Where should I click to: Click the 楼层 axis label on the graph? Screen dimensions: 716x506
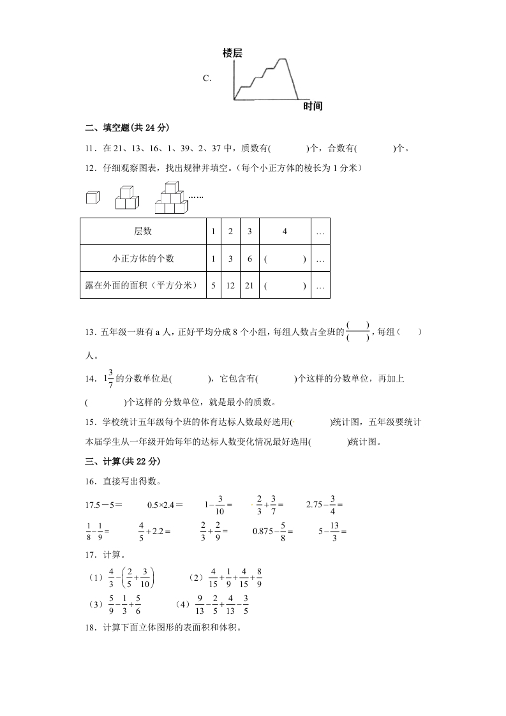pos(232,54)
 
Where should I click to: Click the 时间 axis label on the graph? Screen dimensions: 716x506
pos(313,106)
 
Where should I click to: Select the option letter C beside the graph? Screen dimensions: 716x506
pos(207,78)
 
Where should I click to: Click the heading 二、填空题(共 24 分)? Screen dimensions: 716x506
pos(127,128)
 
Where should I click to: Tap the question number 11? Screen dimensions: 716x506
pos(90,149)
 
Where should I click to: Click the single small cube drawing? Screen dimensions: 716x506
pos(93,198)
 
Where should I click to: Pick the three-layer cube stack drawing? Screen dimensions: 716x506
pos(171,198)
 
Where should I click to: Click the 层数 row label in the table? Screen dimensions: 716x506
pos(143,232)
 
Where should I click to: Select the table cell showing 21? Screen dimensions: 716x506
pos(249,286)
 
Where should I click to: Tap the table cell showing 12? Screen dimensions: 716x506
pos(230,286)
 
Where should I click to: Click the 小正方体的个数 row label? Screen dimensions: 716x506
pos(143,259)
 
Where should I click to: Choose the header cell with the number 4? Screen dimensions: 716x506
pos(285,232)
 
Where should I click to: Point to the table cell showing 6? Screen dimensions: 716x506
pos(249,259)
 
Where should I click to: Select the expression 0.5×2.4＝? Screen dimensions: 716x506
pos(165,505)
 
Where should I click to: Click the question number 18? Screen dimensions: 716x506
pos(90,628)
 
